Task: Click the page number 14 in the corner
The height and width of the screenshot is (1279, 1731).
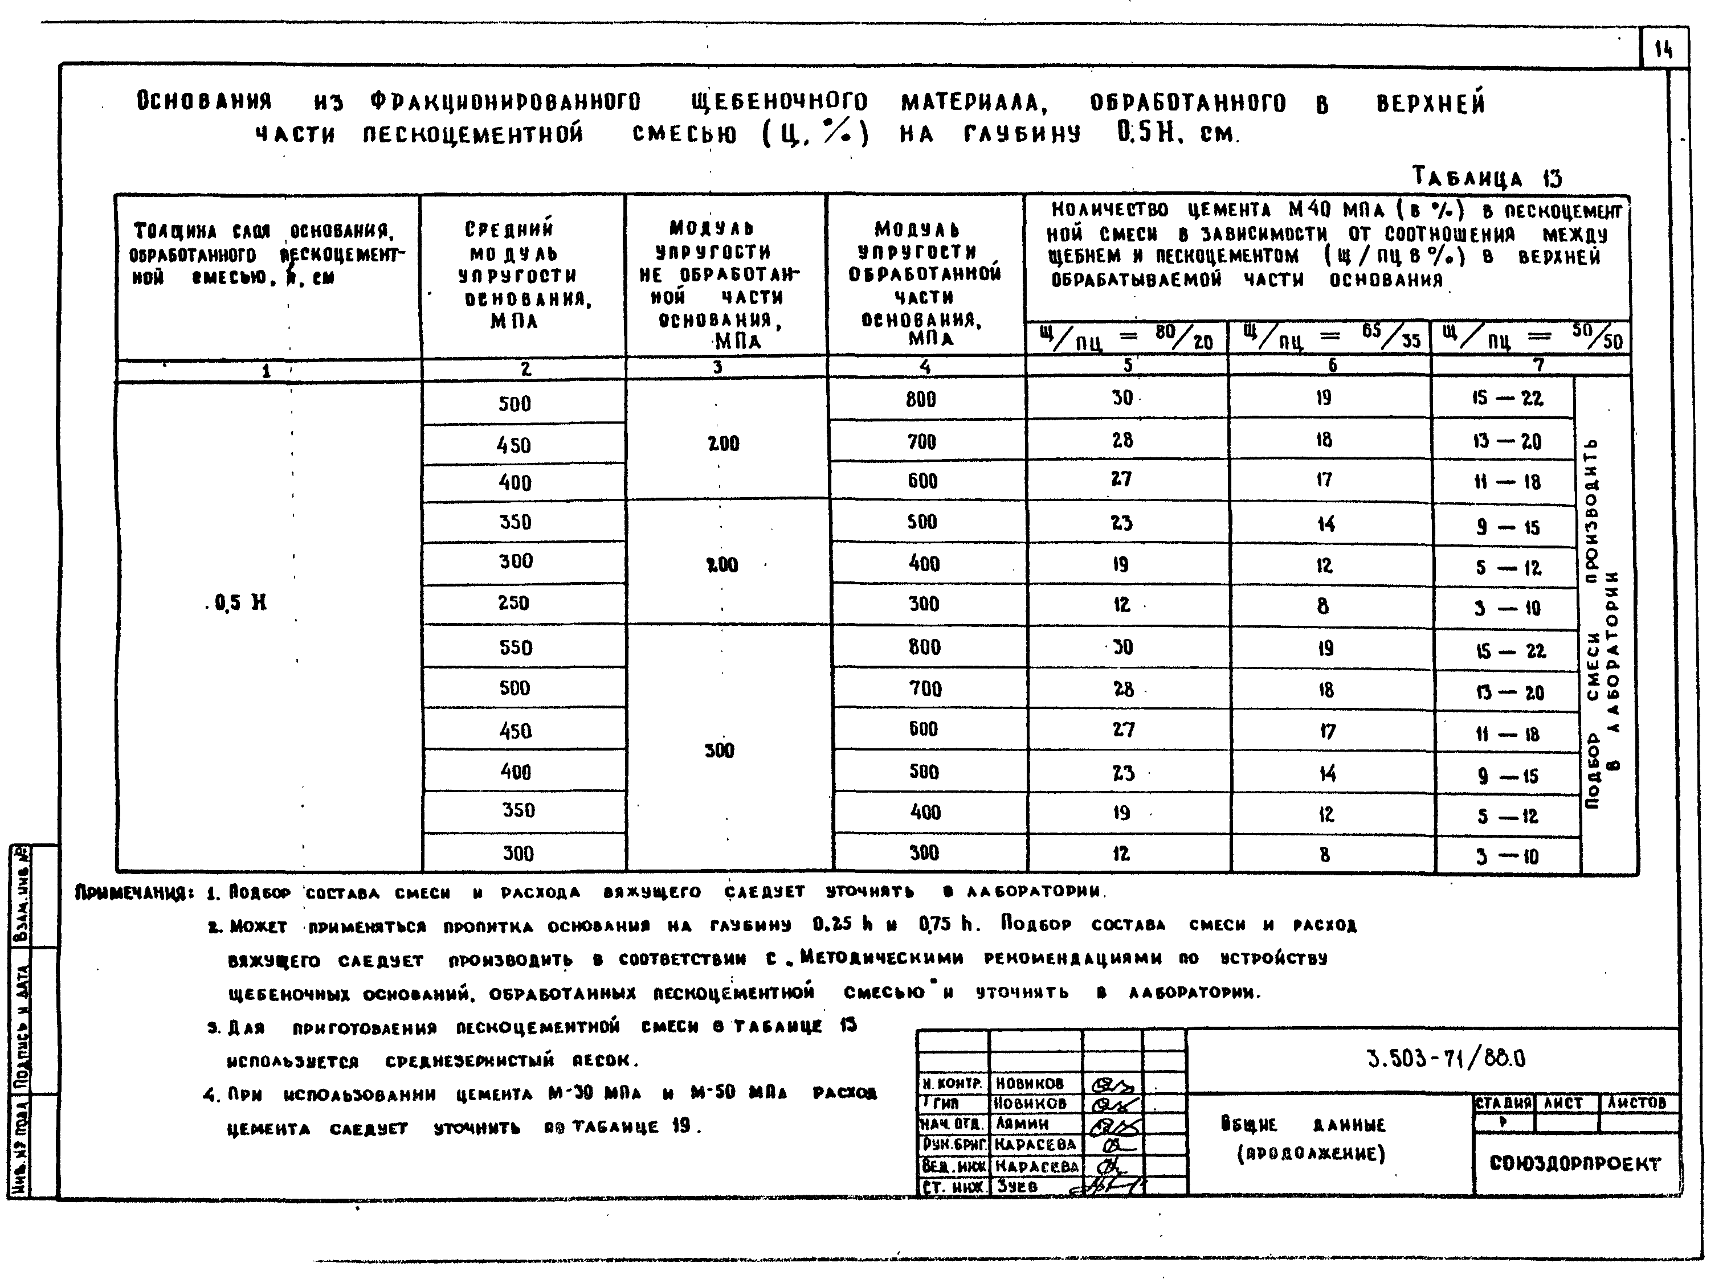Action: tap(1663, 51)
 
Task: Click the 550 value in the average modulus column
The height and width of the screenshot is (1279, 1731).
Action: tap(516, 647)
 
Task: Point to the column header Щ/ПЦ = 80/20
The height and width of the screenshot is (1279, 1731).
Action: tap(1126, 338)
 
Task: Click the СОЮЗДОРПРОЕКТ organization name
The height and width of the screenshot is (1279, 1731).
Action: tap(1574, 1163)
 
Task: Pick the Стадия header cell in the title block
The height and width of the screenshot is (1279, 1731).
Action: tap(1503, 1103)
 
